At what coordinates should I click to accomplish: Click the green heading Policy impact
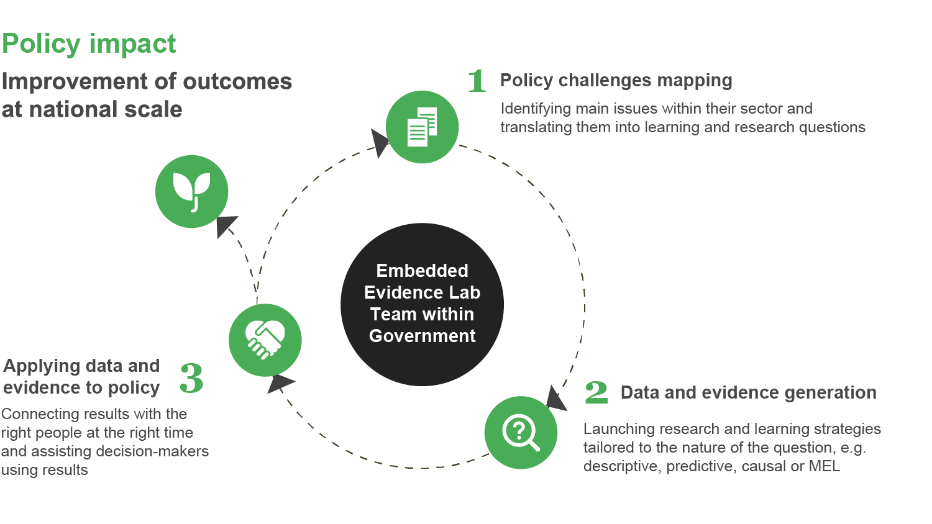point(89,44)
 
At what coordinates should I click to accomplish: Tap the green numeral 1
point(477,81)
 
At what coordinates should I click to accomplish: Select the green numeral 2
point(596,392)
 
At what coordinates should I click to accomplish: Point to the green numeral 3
point(191,378)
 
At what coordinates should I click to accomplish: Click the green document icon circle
point(423,127)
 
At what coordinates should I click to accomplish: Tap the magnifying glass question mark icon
point(521,433)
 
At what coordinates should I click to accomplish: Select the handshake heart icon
point(265,340)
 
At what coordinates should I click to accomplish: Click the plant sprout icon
point(192,192)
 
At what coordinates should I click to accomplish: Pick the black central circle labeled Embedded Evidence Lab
point(423,304)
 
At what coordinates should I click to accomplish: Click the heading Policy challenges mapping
point(616,81)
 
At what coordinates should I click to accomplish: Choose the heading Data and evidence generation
point(748,392)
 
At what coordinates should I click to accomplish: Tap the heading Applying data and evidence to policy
point(81,376)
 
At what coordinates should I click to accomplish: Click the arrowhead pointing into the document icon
point(379,142)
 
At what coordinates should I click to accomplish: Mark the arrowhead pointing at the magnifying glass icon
point(556,398)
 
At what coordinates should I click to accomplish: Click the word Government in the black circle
point(423,336)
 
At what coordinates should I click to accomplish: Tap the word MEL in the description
point(824,466)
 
